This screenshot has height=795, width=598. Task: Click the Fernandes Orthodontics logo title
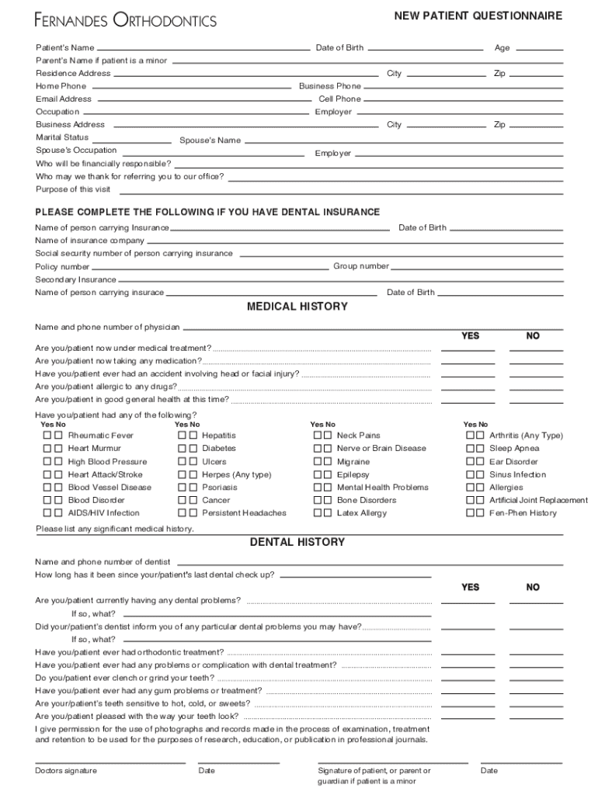[125, 21]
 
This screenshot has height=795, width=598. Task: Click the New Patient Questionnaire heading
[478, 16]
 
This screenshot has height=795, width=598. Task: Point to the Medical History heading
[297, 307]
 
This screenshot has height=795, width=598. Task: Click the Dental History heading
[297, 542]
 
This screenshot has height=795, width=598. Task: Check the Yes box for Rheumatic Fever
[47, 436]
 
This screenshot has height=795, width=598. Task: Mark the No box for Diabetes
[193, 449]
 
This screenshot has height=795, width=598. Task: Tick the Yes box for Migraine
[317, 462]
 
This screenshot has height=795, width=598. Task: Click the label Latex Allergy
[361, 513]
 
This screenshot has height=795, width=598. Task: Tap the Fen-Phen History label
[523, 513]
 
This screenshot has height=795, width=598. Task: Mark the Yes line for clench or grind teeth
[468, 679]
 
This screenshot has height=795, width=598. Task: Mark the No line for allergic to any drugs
[536, 388]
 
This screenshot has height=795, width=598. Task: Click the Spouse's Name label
[210, 141]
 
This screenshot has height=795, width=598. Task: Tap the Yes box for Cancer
[183, 501]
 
